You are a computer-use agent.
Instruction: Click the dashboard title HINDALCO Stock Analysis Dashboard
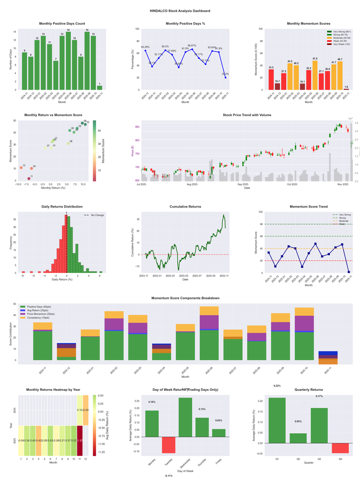(180, 10)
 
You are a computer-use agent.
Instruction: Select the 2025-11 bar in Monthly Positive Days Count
(99, 87)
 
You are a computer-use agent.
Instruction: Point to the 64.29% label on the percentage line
(145, 47)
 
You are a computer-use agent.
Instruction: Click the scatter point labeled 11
(29, 179)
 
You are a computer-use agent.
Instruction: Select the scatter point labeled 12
(21, 168)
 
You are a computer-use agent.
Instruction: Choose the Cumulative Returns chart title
(185, 207)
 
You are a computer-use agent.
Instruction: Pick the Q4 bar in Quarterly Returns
(340, 448)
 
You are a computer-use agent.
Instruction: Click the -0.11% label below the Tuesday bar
(168, 475)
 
